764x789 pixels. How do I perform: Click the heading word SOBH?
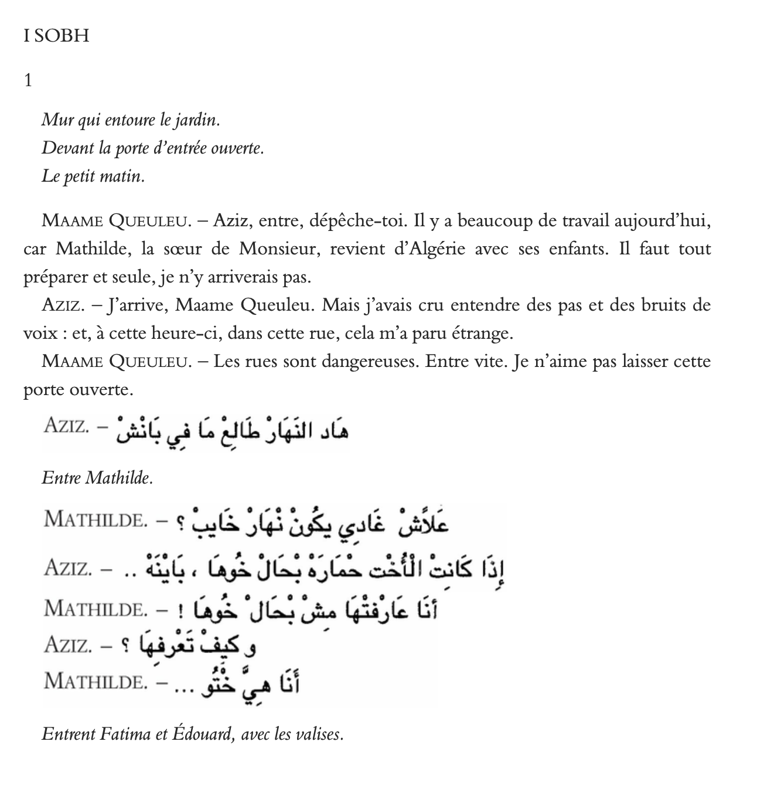(62, 36)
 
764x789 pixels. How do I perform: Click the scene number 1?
(28, 80)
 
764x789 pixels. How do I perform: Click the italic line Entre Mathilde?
(97, 478)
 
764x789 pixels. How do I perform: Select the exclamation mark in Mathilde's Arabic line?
(180, 611)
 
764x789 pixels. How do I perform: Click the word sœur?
(181, 249)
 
